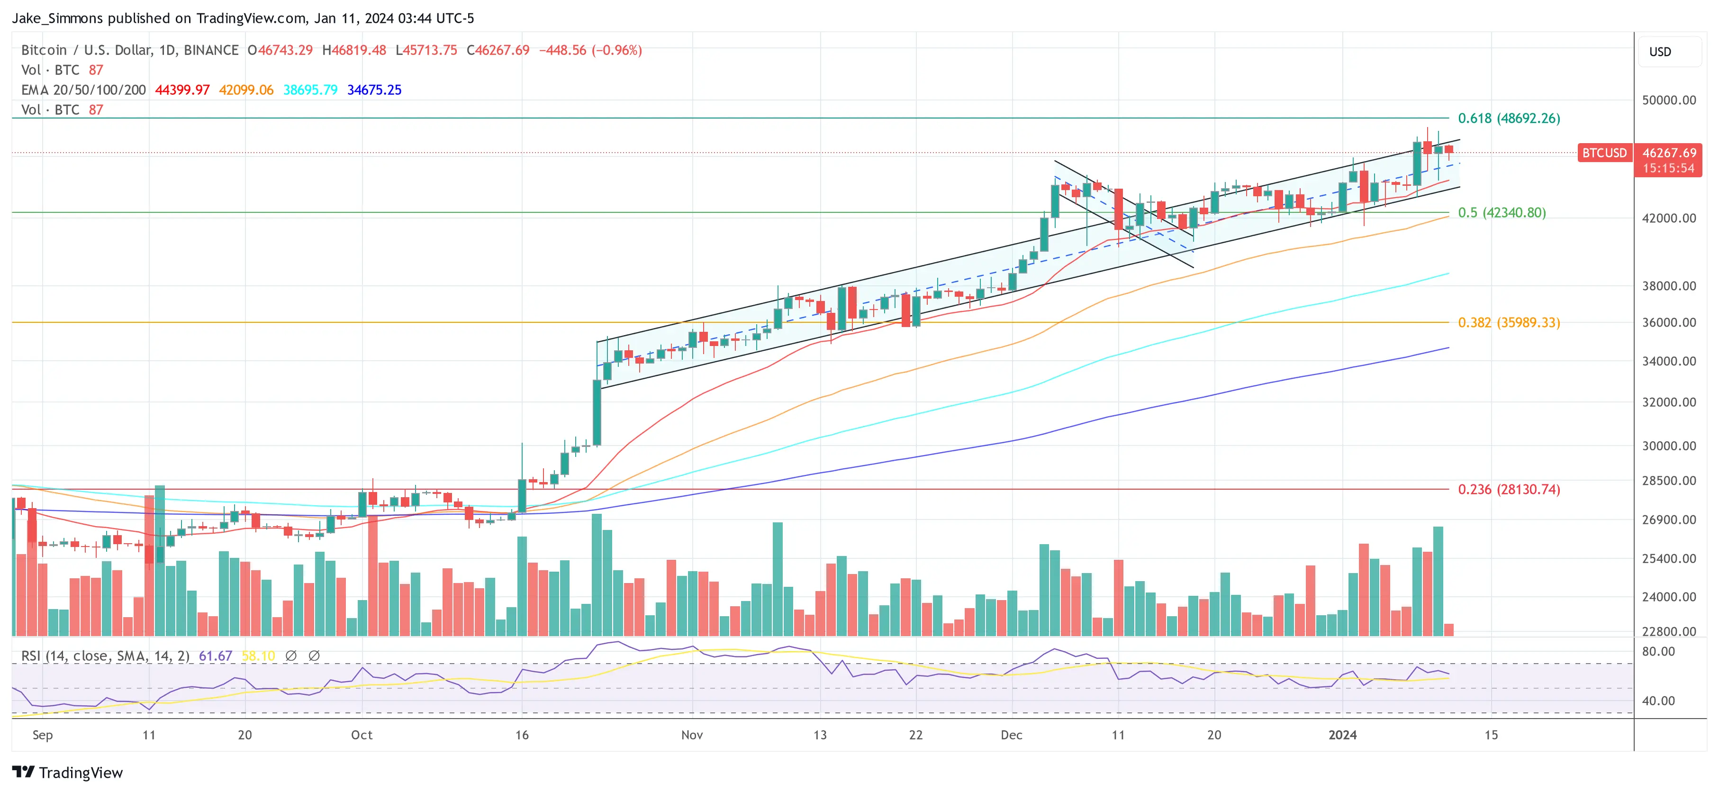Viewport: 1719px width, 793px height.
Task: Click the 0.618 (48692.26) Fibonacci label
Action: [1508, 118]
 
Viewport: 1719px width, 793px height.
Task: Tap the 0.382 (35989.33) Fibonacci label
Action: [1508, 322]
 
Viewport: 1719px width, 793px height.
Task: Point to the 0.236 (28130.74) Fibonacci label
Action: [1508, 489]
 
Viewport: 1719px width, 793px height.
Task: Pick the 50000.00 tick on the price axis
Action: [1668, 100]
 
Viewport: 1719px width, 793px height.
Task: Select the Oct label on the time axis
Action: [362, 735]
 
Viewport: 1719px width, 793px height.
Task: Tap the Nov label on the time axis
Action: [692, 735]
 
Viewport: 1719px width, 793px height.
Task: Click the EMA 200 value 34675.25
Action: [374, 90]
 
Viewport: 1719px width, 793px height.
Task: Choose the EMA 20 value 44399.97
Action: [182, 90]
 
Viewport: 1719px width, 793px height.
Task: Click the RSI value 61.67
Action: [215, 656]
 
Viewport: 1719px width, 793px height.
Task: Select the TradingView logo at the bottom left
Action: [67, 772]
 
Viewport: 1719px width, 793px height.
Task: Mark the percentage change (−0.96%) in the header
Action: [616, 50]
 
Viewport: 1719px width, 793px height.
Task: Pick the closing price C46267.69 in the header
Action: [498, 50]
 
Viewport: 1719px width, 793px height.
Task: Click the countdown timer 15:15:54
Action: [1668, 168]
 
